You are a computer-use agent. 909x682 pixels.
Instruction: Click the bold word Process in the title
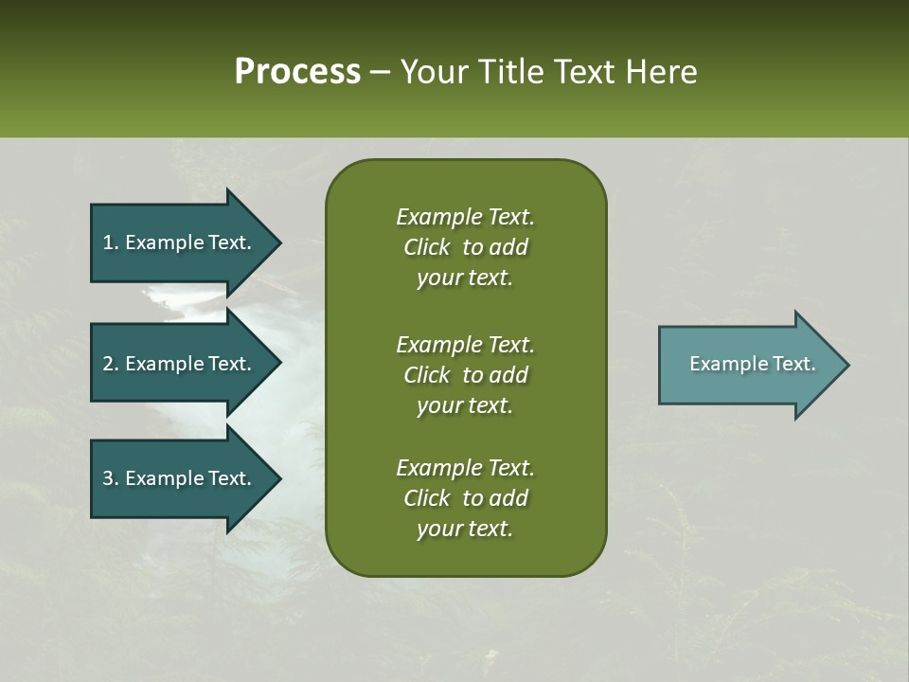(x=297, y=72)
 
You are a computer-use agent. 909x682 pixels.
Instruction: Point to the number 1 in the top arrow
(x=108, y=242)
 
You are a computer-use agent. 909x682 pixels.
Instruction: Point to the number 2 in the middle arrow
(x=108, y=364)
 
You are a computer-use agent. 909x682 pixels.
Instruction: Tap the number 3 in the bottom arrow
(x=108, y=478)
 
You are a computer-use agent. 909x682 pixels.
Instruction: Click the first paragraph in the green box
(x=465, y=247)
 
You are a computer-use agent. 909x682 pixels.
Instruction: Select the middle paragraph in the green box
(x=465, y=374)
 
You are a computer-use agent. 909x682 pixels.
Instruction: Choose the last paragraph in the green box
(x=465, y=498)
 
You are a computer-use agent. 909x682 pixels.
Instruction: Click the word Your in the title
(x=429, y=72)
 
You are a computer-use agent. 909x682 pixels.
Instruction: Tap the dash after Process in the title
(x=380, y=73)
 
